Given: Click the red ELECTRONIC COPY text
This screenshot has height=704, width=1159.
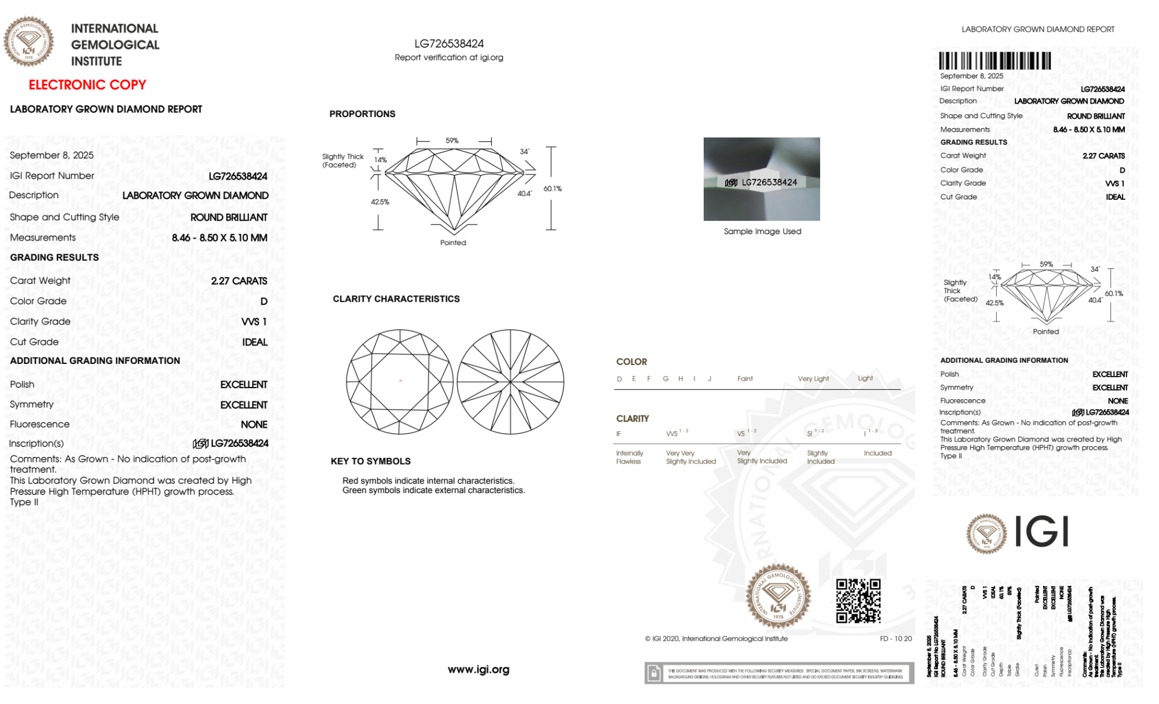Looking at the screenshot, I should [x=87, y=85].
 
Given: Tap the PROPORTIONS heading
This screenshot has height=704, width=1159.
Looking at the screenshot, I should [x=362, y=114].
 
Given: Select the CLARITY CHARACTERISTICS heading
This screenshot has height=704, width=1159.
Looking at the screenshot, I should [x=396, y=299].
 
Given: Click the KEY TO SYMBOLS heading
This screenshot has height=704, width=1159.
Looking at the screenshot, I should [x=371, y=461].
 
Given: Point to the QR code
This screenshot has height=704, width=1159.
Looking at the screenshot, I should [x=858, y=601].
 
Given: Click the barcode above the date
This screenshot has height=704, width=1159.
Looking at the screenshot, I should [x=995, y=61].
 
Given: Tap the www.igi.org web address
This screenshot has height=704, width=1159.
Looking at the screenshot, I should [x=478, y=670].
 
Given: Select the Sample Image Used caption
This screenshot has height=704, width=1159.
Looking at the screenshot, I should [x=762, y=231].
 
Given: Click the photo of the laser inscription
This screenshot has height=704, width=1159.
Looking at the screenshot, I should [x=762, y=179].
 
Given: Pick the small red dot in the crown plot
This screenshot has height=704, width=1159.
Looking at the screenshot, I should [x=400, y=381].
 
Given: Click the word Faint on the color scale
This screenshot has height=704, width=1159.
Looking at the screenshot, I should [x=745, y=379].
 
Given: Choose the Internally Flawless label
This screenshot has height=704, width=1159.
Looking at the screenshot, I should [x=630, y=457].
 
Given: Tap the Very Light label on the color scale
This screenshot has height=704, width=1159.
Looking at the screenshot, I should [x=813, y=379].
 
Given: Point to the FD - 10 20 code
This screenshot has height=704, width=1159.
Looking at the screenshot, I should [x=895, y=639].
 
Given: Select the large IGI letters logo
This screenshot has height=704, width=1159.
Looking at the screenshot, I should [x=1042, y=532].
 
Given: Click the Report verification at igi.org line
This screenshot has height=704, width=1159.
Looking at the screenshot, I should [x=449, y=57].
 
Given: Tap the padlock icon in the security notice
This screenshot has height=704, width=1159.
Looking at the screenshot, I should [x=654, y=673].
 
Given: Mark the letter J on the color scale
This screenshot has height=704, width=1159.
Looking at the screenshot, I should [x=710, y=379].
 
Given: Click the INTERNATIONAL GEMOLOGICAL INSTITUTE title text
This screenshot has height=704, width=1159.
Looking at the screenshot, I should [x=115, y=45].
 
